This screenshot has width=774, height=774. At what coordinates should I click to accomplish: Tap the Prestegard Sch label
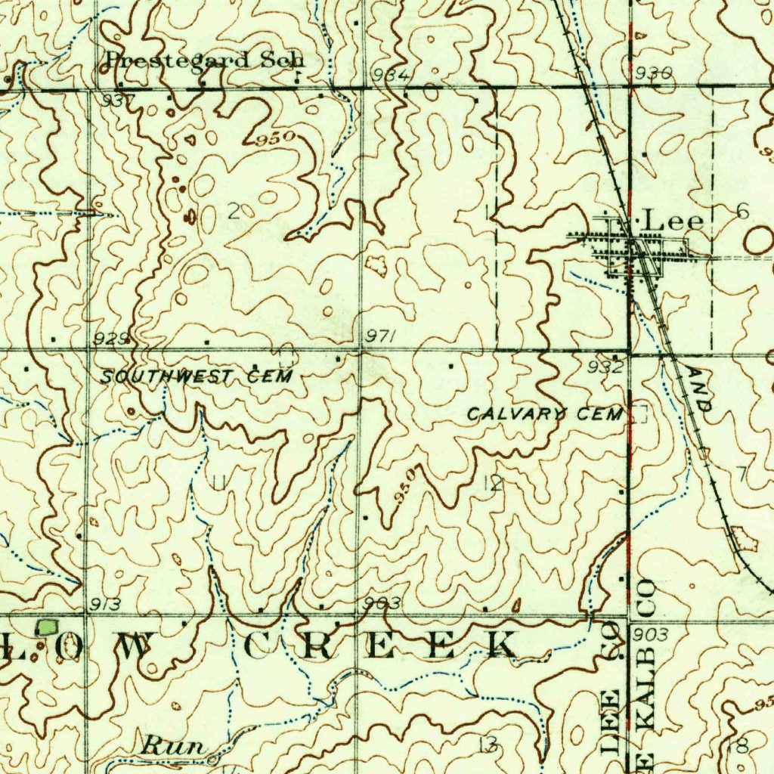204,60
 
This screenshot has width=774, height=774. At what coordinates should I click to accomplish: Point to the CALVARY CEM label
545,413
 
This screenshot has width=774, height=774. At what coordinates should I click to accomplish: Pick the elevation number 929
111,340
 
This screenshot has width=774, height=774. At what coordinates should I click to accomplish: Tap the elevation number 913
105,603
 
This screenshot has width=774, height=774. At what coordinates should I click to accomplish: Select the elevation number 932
606,367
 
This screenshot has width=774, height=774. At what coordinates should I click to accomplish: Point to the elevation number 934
391,74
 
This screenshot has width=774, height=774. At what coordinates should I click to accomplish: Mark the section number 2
234,211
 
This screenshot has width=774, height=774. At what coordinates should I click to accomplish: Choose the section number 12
493,484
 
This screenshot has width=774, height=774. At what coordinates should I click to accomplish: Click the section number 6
742,211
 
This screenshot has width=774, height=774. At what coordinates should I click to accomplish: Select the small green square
48,627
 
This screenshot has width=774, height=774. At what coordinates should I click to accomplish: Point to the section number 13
488,745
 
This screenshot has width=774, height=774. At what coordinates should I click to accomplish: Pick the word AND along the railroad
699,389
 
